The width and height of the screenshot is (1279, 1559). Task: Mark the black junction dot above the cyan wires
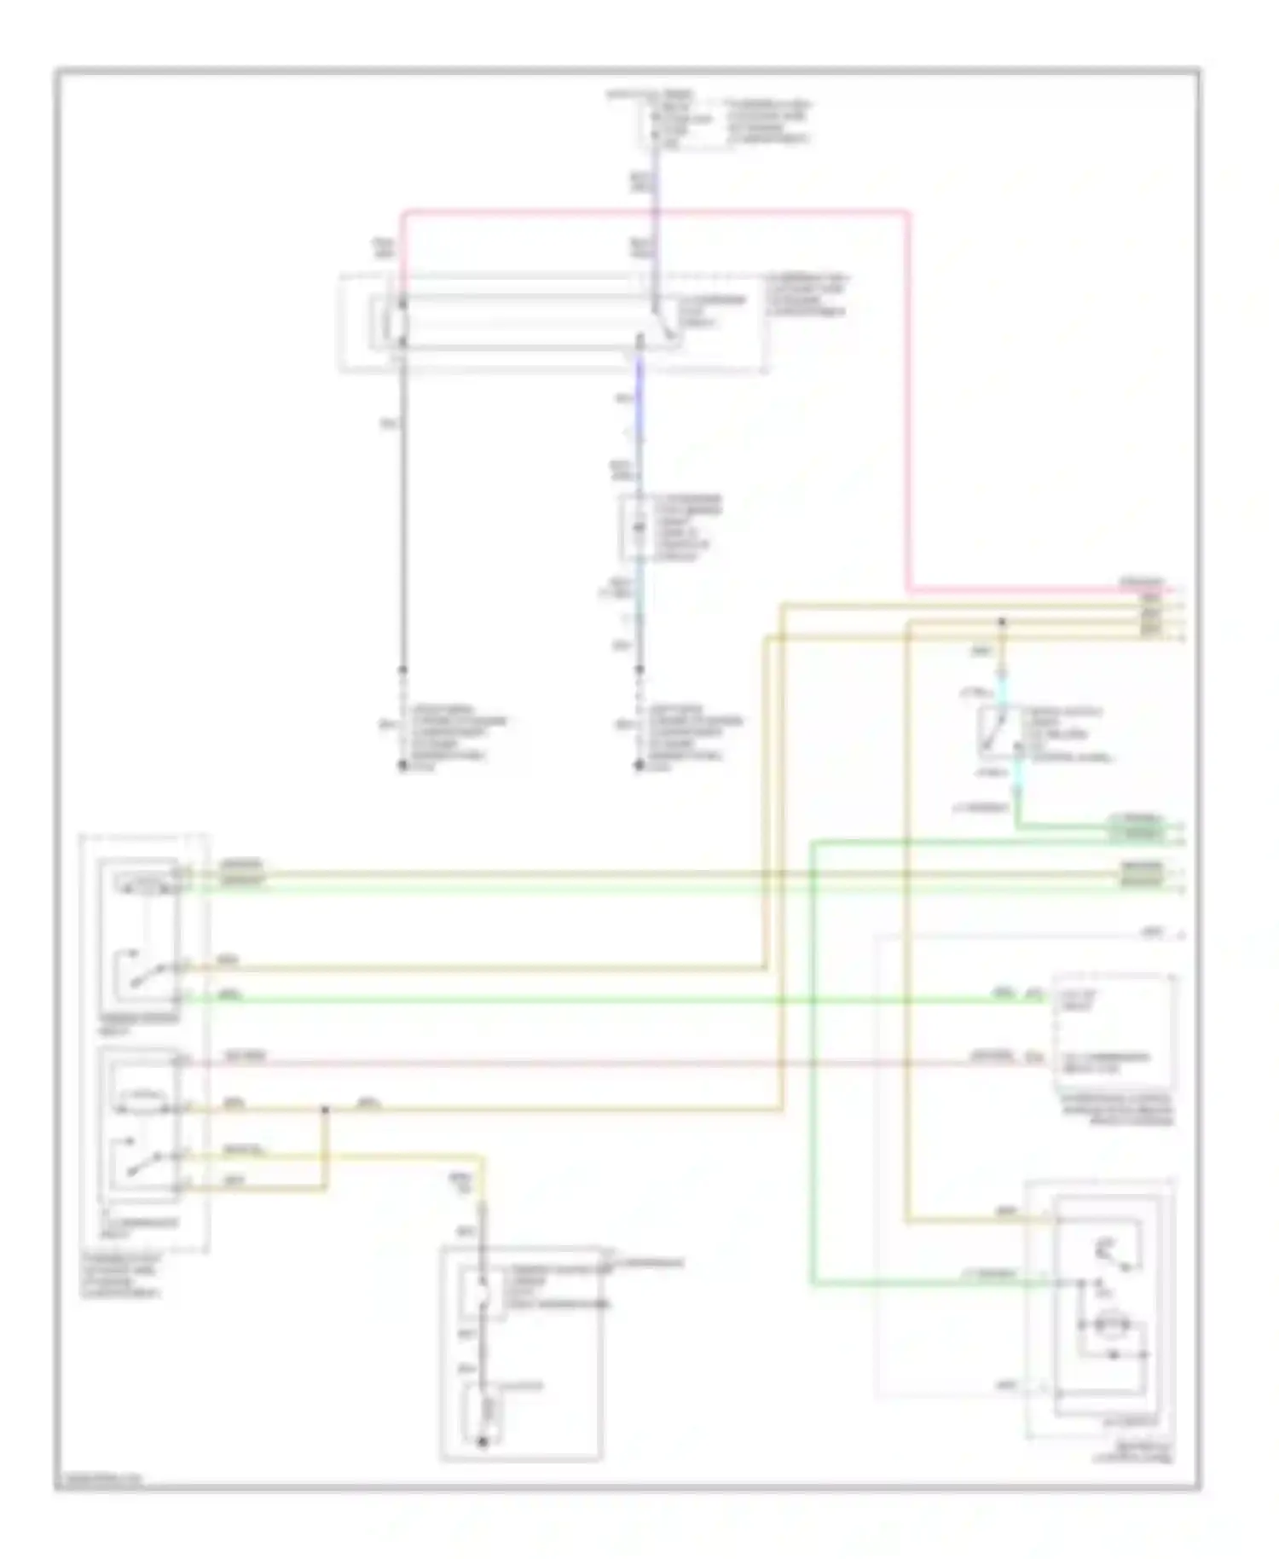pos(1002,623)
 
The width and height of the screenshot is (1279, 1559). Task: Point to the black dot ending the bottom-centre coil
pos(482,1442)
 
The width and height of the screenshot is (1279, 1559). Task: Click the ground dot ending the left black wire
pos(402,767)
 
